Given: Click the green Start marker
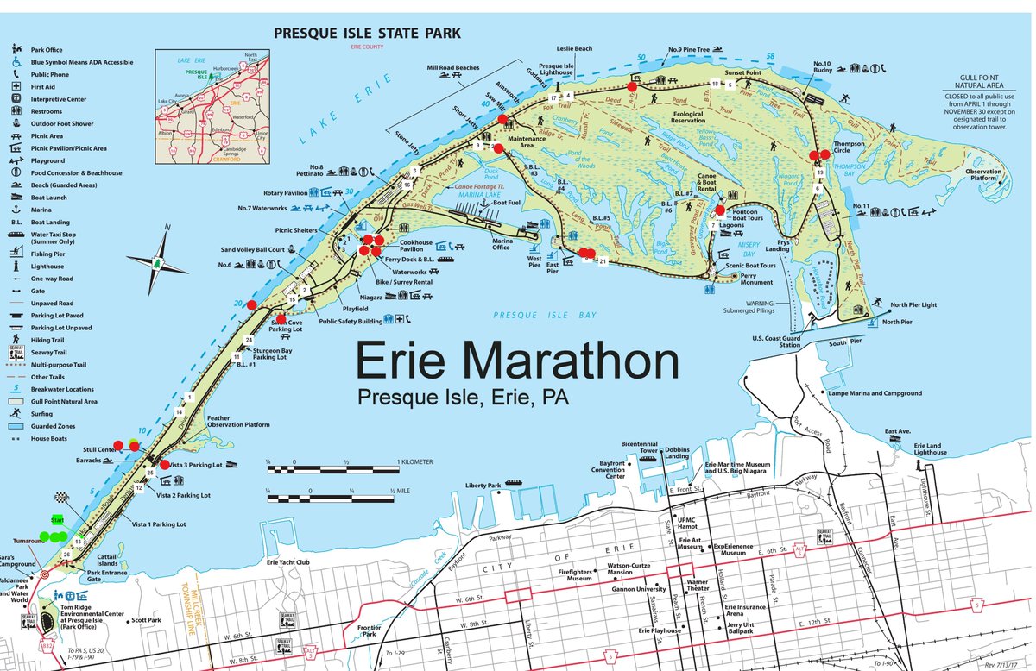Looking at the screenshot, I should pos(58,520).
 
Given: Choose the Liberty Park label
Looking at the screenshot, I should pos(483,486).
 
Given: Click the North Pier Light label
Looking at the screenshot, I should pos(913,305).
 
